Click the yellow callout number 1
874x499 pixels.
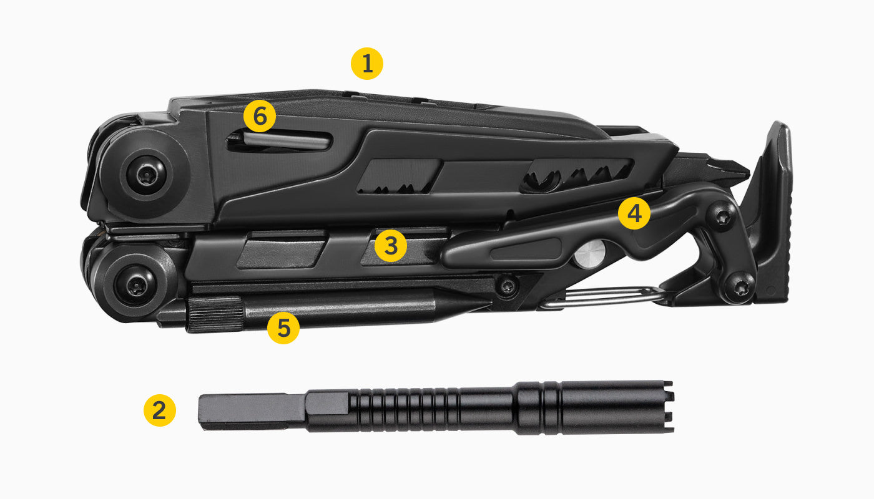pyautogui.click(x=367, y=64)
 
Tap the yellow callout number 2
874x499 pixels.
pyautogui.click(x=160, y=410)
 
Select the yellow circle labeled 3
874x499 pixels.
pyautogui.click(x=391, y=246)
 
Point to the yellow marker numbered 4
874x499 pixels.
pyautogui.click(x=634, y=214)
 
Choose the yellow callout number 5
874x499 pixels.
pyautogui.click(x=283, y=327)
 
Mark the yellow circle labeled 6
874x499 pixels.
pyautogui.click(x=259, y=117)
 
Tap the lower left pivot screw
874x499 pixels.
pyautogui.click(x=137, y=285)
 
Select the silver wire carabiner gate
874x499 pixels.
pyautogui.click(x=599, y=298)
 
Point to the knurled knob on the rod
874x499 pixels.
pyautogui.click(x=215, y=314)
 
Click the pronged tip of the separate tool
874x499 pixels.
pyautogui.click(x=667, y=407)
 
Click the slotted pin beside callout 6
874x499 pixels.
pyautogui.click(x=287, y=141)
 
